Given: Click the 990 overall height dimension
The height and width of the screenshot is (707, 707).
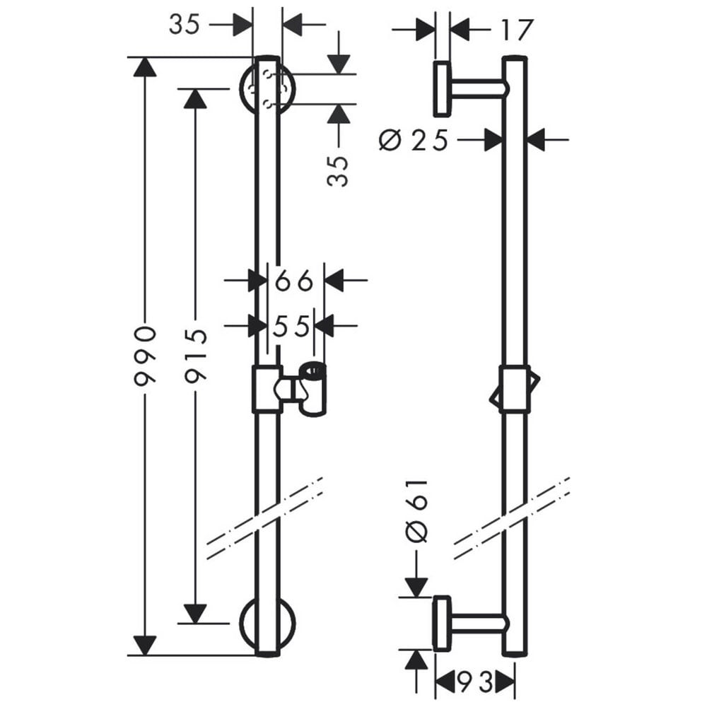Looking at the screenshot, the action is (145, 356).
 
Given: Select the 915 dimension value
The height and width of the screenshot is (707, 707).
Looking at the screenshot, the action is (196, 356).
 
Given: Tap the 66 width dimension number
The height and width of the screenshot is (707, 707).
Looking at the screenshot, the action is (293, 281).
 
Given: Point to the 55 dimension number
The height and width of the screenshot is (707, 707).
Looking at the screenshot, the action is (291, 325).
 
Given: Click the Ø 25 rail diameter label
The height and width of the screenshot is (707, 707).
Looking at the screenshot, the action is (414, 140).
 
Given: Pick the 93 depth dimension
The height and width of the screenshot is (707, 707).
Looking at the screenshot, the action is (475, 682).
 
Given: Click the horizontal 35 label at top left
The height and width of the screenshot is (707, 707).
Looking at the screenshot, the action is (184, 24).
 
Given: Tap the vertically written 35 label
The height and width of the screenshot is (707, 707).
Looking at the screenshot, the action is (338, 171).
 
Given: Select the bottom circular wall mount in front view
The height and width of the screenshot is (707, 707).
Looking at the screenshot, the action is (267, 624).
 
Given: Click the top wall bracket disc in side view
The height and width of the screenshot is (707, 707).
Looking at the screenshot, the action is (442, 89).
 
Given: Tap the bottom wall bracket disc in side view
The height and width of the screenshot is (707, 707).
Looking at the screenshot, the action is (442, 624).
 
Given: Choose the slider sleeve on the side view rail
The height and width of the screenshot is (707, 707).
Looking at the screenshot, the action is (515, 389).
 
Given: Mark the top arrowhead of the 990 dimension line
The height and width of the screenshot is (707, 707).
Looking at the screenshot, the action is (145, 66).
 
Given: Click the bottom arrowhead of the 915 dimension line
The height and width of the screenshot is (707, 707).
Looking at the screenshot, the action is (196, 614).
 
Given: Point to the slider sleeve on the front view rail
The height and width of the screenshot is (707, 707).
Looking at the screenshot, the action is (267, 389).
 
